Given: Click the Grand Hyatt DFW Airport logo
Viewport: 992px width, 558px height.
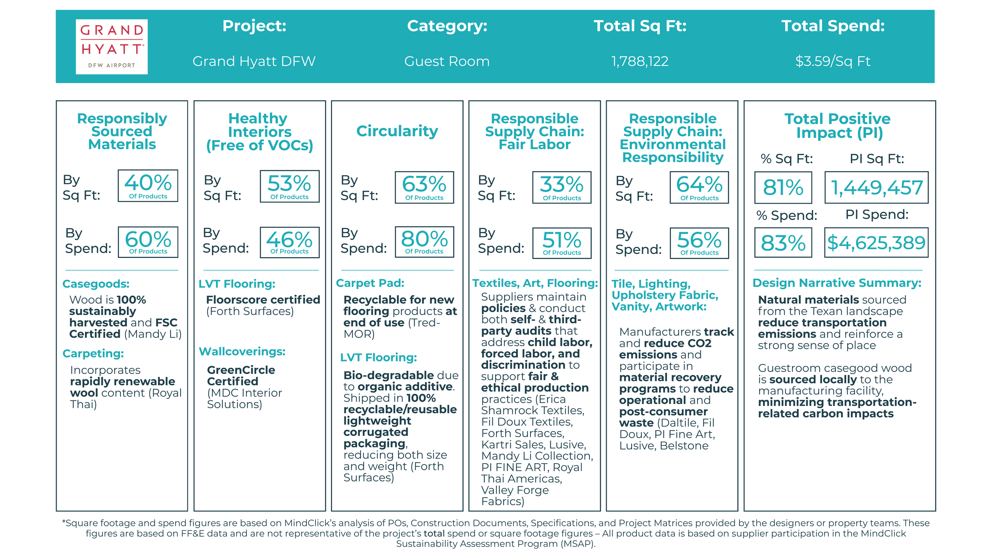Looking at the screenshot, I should click(x=112, y=46).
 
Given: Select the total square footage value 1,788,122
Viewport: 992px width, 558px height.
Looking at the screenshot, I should click(x=640, y=61).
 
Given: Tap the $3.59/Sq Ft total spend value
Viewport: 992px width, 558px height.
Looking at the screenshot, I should click(x=832, y=61).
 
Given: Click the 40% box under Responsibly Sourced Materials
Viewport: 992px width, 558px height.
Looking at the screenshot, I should click(x=148, y=186).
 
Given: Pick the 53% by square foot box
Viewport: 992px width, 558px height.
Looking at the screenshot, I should click(x=289, y=186).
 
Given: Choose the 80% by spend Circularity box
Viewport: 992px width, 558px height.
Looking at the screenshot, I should click(x=424, y=242).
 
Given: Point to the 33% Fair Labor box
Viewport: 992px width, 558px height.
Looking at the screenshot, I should click(x=561, y=187).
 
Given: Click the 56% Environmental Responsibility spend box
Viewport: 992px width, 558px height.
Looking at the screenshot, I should click(x=699, y=243).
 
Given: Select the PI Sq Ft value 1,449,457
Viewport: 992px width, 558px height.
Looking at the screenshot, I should click(x=876, y=187).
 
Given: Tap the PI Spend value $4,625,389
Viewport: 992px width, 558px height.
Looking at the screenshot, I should click(x=876, y=242).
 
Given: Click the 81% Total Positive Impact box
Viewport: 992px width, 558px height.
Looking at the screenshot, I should click(x=783, y=187).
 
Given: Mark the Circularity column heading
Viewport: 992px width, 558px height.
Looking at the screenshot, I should click(x=397, y=131).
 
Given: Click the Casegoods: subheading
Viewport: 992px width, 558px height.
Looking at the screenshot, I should click(x=96, y=284).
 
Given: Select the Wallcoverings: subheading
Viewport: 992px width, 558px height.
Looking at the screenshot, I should click(x=242, y=351).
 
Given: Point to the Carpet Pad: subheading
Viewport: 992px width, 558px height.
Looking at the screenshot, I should click(x=370, y=283).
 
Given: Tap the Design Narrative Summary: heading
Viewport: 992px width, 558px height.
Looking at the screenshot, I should click(x=836, y=283).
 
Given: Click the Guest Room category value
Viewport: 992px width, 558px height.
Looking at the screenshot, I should click(x=447, y=61).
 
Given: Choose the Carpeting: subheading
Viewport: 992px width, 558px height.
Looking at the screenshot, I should click(x=93, y=353).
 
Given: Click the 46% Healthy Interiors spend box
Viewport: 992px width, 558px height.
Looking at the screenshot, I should click(x=289, y=242).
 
